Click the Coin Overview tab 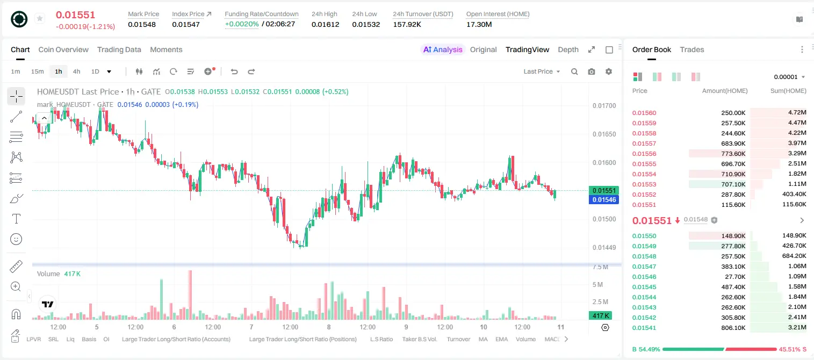point(63,49)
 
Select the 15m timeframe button point(37,71)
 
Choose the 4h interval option point(76,71)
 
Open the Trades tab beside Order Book point(692,49)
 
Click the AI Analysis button point(443,49)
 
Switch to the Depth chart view point(568,49)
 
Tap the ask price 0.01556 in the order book point(644,154)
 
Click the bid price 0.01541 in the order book point(644,328)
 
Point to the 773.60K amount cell point(733,154)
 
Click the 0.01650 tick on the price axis point(604,134)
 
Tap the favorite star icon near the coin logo point(40,18)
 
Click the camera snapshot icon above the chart point(592,71)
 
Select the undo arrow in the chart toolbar point(234,71)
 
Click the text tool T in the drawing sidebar point(16,219)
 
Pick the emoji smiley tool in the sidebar point(16,239)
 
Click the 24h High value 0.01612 point(325,24)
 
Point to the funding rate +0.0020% point(242,24)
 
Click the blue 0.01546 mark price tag point(604,199)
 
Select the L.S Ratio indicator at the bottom point(381,339)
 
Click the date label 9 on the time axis point(406,327)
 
